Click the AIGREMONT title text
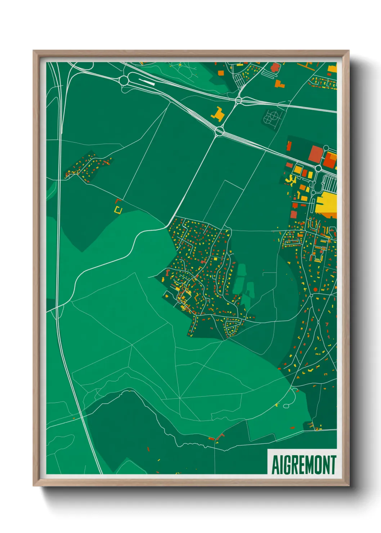click(x=304, y=465)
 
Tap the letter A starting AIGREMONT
click(x=275, y=465)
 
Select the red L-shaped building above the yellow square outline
click(x=117, y=200)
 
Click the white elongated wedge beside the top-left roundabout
click(x=147, y=82)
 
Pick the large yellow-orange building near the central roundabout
click(x=218, y=114)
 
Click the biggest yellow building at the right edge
click(x=326, y=204)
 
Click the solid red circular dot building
click(x=315, y=290)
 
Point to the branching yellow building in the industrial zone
click(x=291, y=179)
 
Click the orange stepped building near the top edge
click(x=279, y=84)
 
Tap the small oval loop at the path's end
click(x=286, y=406)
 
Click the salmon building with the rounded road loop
click(x=275, y=67)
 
